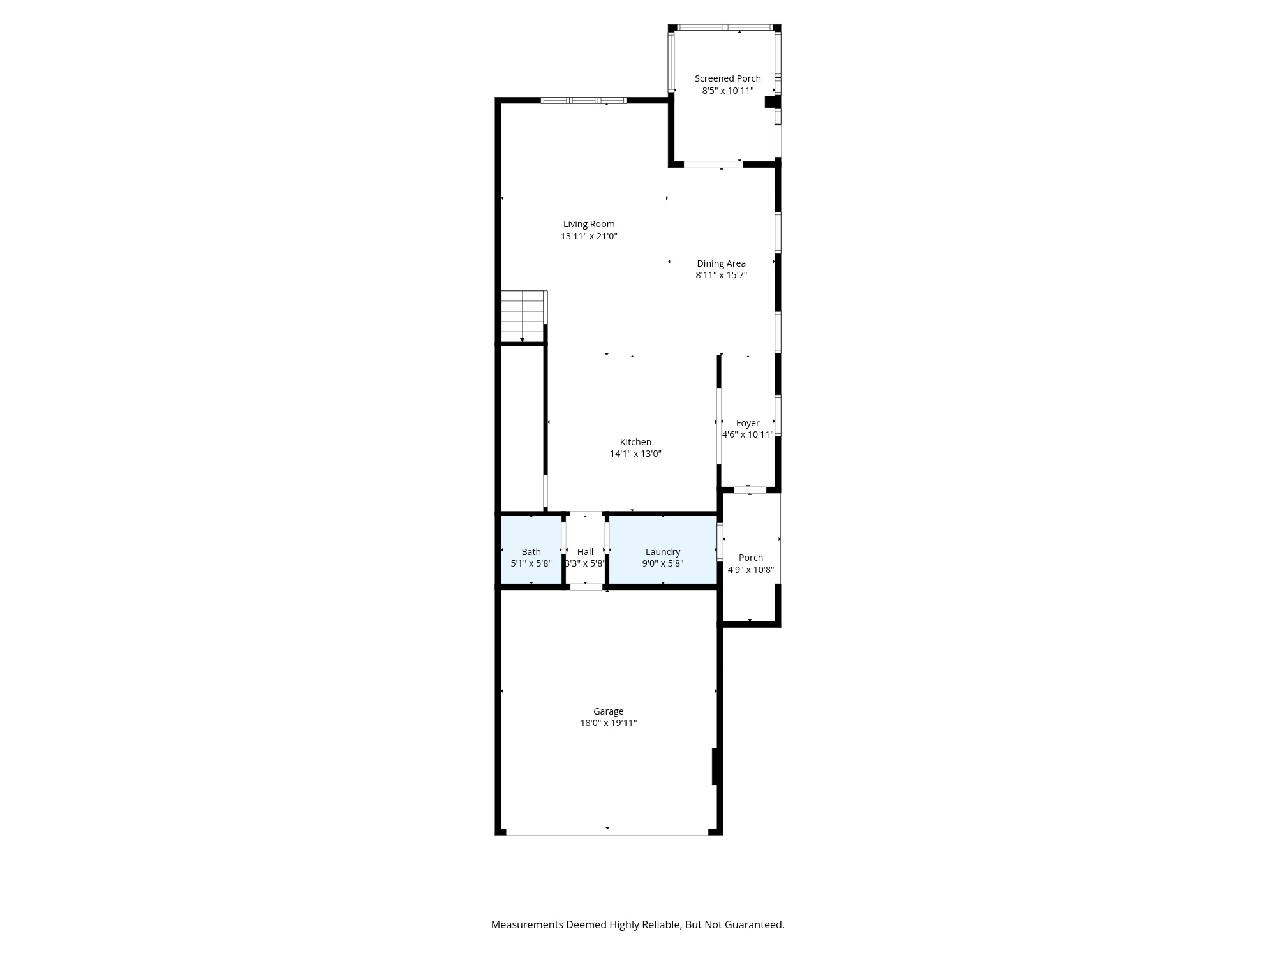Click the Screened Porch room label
727,78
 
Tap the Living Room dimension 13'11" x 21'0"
589,236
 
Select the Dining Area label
721,263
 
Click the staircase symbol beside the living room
523,316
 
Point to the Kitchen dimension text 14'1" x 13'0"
635,454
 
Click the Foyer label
748,423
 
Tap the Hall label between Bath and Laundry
585,552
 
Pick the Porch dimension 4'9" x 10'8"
751,570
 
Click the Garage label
608,711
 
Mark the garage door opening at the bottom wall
607,832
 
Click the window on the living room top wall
584,101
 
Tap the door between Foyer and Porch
750,490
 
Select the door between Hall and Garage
586,587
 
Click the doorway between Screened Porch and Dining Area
713,165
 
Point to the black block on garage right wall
716,766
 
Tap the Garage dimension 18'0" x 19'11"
608,723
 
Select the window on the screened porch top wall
725,27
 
